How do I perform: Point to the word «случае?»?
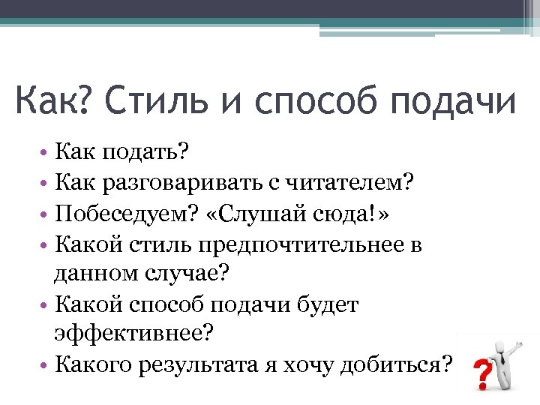(x=189, y=274)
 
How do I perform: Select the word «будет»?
(x=328, y=304)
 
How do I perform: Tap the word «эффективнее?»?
(x=129, y=334)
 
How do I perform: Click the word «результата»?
(x=214, y=364)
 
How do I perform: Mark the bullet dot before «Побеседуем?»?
(x=44, y=215)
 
